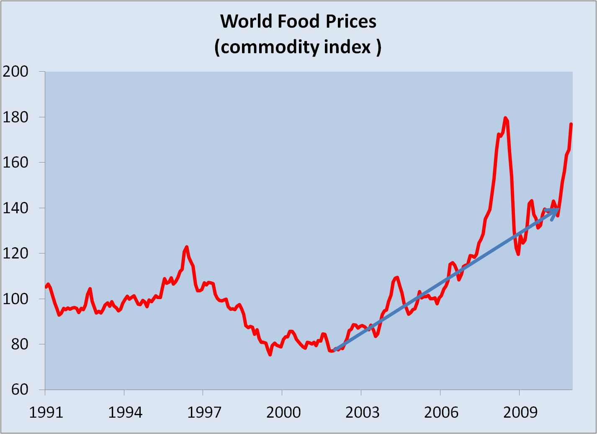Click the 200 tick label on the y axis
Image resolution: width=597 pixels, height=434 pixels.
tap(15, 72)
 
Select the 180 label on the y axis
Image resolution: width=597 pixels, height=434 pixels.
tap(15, 117)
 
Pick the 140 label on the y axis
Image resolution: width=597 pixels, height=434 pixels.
tap(15, 208)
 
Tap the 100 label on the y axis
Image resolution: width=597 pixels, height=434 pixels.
tap(15, 299)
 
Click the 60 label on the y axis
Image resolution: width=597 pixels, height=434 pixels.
tap(15, 389)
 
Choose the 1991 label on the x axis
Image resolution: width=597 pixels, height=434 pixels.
tap(46, 413)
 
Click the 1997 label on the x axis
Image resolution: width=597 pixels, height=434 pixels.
tap(204, 413)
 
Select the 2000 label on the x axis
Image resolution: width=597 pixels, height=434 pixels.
tap(283, 413)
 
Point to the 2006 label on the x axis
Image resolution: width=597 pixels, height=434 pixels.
tap(441, 413)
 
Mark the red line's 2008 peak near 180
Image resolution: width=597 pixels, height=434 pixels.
tap(505, 118)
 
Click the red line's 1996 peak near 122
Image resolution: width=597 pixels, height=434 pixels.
tap(187, 247)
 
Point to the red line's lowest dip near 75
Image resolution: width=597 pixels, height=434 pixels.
tap(270, 355)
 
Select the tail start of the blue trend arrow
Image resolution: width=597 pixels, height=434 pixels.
tap(335, 349)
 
